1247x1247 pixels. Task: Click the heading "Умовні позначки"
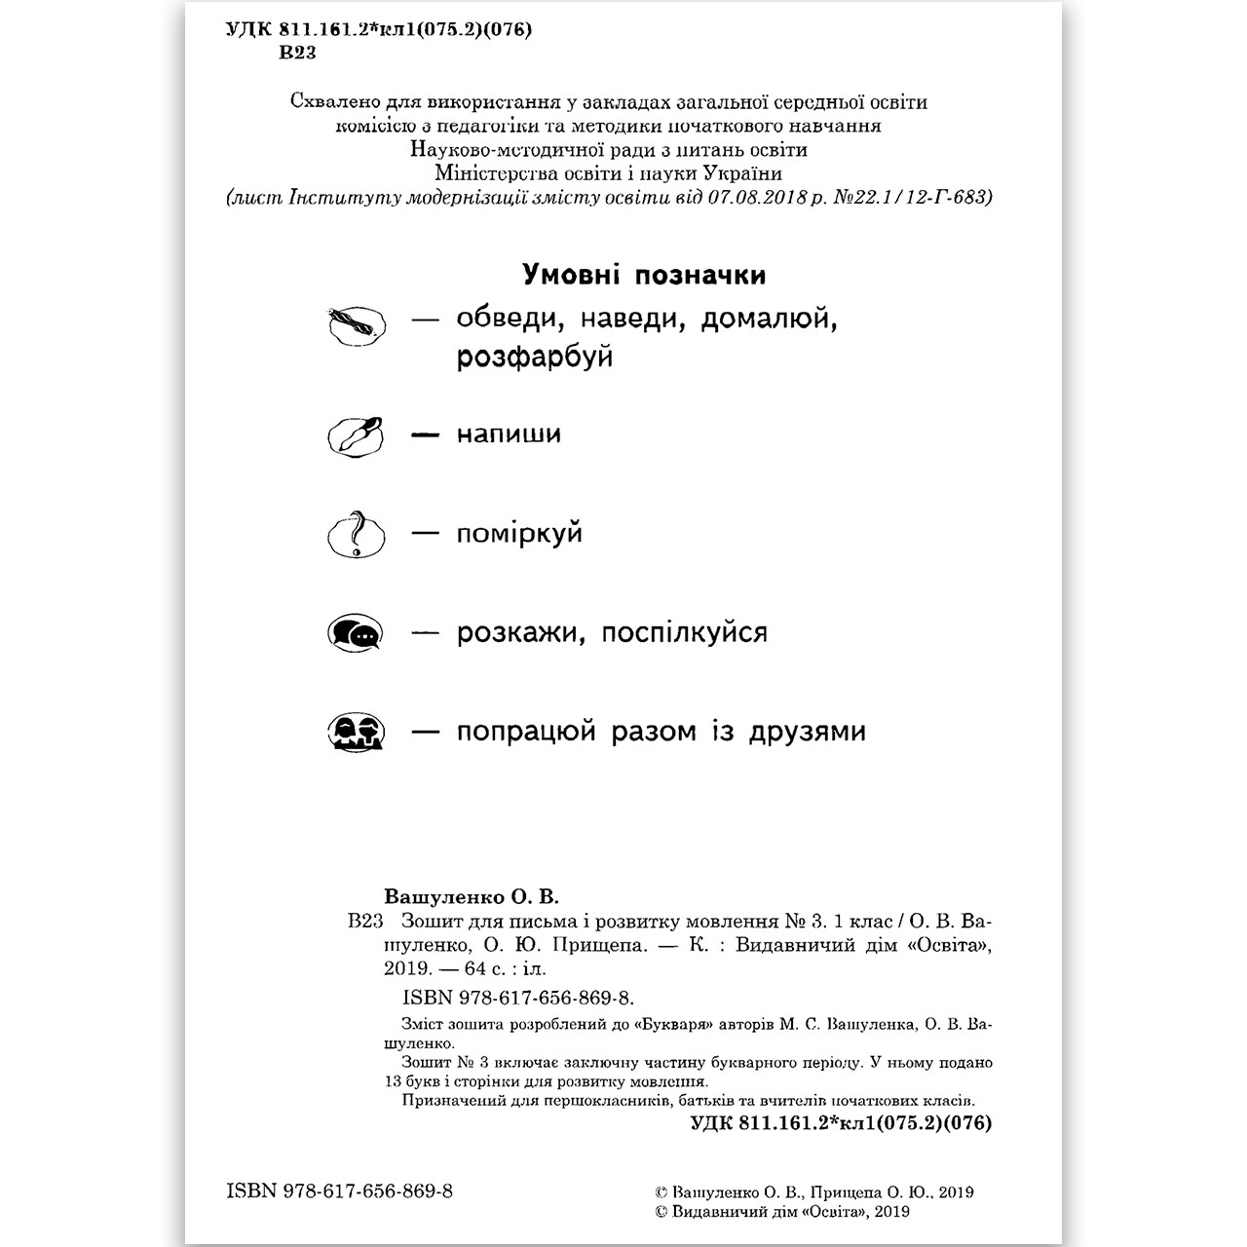(x=644, y=276)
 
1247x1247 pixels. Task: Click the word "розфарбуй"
(x=534, y=358)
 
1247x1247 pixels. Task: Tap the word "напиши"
(x=509, y=435)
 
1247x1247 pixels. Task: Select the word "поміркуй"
(x=519, y=534)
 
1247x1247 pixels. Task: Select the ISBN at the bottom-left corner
(x=339, y=1191)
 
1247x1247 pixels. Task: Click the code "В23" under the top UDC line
(x=297, y=54)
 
